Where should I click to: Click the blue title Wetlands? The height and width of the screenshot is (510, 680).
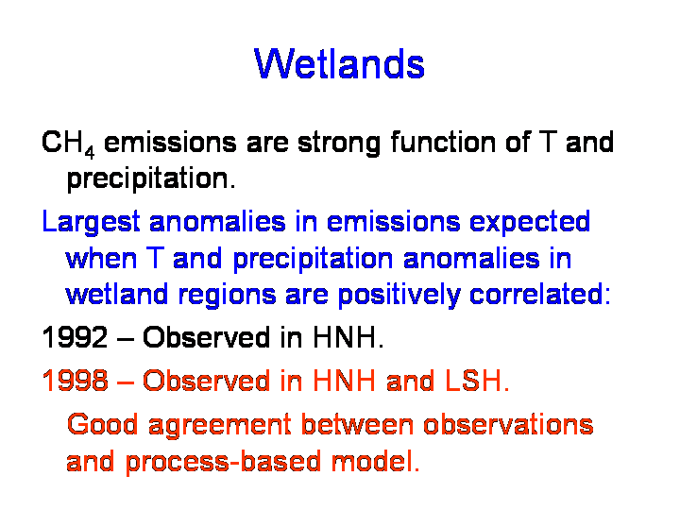pos(339,64)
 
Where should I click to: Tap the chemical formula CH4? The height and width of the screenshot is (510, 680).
pos(68,144)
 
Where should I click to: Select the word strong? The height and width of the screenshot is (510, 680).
pos(339,144)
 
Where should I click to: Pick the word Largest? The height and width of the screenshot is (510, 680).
pos(91,223)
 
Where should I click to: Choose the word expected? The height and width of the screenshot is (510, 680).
pos(530,223)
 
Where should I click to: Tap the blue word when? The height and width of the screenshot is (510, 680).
pos(101,258)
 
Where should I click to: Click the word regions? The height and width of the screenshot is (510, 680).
pos(227,296)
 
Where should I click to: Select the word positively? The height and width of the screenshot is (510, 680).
pos(399,296)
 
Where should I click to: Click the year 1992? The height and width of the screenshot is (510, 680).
pos(75,337)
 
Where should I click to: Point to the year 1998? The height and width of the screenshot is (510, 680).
pos(75,381)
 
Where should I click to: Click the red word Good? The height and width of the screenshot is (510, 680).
pos(102,424)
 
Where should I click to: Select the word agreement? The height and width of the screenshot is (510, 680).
pos(219,426)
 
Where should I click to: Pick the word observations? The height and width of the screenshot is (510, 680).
pos(508,424)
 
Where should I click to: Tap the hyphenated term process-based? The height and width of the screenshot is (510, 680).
pos(223,462)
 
